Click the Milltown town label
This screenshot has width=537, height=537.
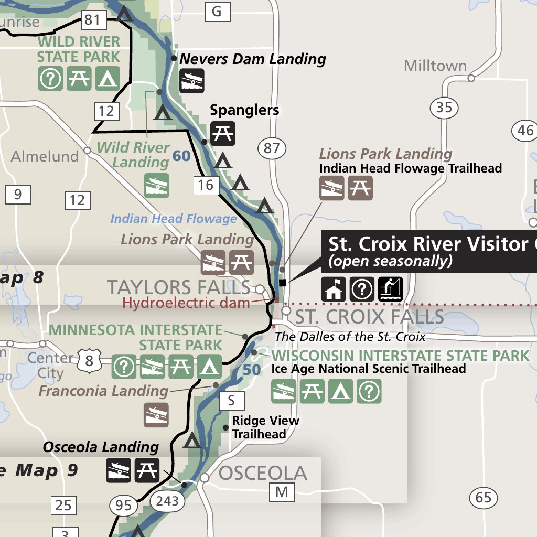[x=435, y=66]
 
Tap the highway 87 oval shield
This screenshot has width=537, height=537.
[x=272, y=148]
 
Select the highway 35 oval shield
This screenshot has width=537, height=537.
[x=444, y=108]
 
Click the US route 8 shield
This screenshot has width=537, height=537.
[x=89, y=361]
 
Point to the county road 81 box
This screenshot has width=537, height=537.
[x=92, y=20]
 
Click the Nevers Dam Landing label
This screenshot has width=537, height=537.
[x=253, y=59]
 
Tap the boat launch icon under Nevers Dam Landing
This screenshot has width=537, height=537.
[x=191, y=82]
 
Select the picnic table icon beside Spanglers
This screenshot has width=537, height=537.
[x=223, y=133]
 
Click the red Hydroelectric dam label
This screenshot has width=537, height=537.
[x=186, y=303]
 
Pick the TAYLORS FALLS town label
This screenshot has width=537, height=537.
[x=178, y=287]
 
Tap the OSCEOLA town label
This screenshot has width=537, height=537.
[x=262, y=473]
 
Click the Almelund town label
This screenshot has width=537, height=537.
[x=45, y=156]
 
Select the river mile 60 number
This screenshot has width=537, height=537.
[x=181, y=156]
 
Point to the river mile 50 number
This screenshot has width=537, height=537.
[x=252, y=370]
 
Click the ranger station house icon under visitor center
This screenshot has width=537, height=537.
[x=334, y=289]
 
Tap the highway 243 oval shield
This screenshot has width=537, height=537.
[x=168, y=501]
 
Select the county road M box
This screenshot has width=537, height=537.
[x=282, y=492]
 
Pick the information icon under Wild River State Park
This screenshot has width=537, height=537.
[x=51, y=79]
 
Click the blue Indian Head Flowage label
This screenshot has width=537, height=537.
[x=174, y=219]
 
